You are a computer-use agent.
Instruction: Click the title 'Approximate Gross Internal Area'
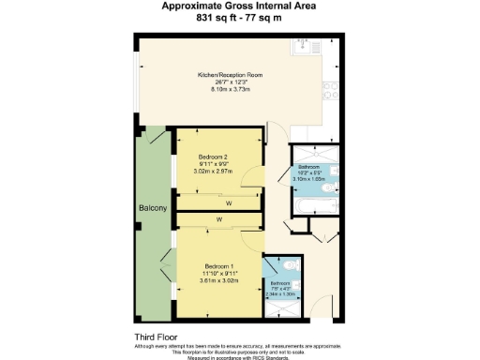pos(240,6)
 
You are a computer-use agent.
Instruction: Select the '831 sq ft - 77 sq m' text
pos(240,18)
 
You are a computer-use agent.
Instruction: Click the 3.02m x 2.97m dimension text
pos(214,172)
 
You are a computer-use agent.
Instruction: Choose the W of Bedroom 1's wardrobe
pos(219,220)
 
